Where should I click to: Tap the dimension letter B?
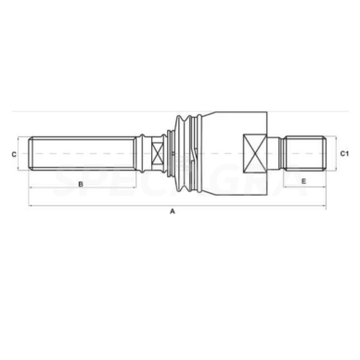(81, 185)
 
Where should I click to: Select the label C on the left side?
(14, 152)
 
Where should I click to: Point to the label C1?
(344, 152)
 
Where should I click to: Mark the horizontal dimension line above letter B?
(81, 176)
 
